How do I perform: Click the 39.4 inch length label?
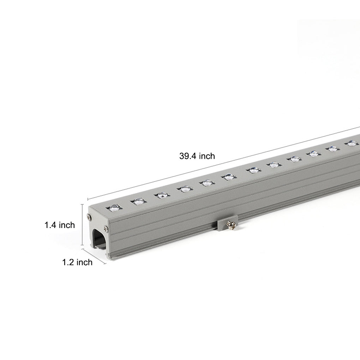click(x=197, y=156)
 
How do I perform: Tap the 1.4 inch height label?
click(x=60, y=225)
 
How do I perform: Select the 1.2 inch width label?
click(x=77, y=262)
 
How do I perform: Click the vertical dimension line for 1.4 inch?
click(x=83, y=224)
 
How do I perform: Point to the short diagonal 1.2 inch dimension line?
click(x=94, y=256)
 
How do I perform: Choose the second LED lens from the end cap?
click(x=139, y=201)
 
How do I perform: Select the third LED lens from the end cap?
click(x=162, y=194)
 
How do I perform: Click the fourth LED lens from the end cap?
click(x=185, y=188)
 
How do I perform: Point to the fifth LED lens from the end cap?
click(x=207, y=182)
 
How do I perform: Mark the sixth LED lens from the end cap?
click(x=228, y=176)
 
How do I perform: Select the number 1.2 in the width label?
click(x=69, y=262)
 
